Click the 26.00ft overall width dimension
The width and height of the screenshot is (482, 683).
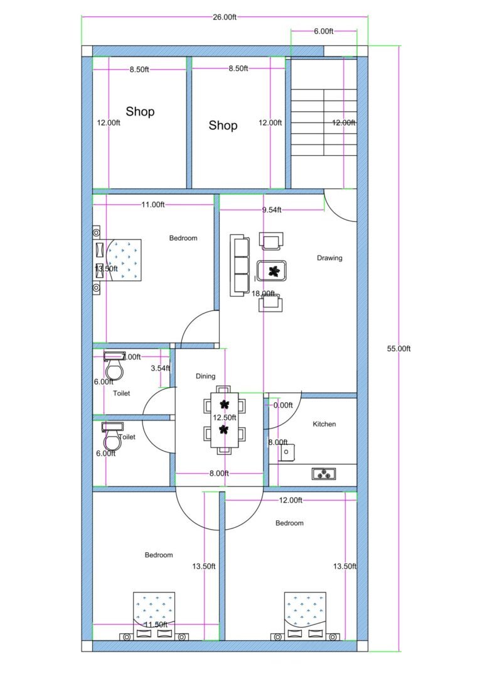224,17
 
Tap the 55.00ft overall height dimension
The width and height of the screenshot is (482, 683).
399,349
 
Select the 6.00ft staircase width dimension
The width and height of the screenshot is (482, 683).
324,31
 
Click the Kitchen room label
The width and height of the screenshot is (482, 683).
324,424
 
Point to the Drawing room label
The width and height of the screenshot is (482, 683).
329,258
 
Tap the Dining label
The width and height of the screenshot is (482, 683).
205,376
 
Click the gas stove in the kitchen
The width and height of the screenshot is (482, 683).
324,474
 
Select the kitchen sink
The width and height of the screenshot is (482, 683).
286,451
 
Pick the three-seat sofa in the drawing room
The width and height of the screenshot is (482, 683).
238,265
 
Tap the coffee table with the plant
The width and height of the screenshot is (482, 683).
272,271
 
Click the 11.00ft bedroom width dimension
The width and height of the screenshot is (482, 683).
153,205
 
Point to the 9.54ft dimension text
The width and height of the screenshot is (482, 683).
272,210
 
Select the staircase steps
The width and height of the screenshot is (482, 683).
324,123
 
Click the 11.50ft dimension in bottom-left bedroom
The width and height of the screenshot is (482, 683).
156,625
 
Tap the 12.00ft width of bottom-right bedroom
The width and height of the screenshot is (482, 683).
291,500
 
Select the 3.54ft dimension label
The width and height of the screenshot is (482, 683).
161,368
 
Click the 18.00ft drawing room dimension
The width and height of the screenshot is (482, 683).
264,293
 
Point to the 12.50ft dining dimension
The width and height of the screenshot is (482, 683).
225,417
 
